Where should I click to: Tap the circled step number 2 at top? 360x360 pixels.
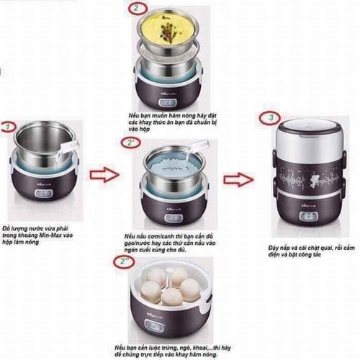135,9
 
